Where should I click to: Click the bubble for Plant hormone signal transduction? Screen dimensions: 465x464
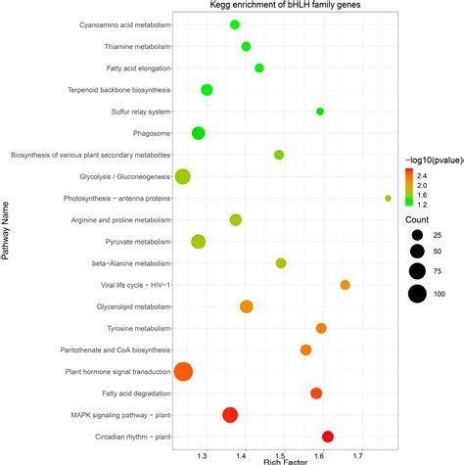click(x=182, y=371)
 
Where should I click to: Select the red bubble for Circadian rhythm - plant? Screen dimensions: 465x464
click(x=328, y=437)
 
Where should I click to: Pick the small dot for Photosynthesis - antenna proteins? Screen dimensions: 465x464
click(x=389, y=198)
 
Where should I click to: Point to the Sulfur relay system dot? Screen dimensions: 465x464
click(x=320, y=112)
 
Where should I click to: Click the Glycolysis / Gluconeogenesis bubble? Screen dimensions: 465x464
click(x=182, y=177)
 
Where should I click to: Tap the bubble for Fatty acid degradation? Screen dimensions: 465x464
click(x=316, y=393)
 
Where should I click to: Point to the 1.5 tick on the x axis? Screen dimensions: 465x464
click(x=281, y=456)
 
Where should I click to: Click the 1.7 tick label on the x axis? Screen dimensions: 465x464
click(x=359, y=456)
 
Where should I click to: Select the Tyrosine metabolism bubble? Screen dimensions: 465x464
click(x=321, y=328)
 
